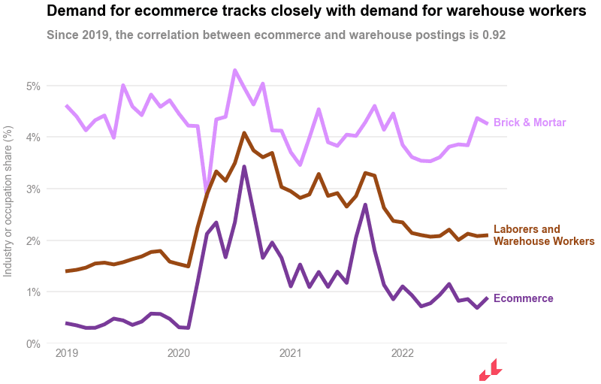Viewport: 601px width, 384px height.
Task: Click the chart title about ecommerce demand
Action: pyautogui.click(x=316, y=11)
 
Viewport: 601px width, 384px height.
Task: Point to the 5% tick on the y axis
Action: pyautogui.click(x=32, y=86)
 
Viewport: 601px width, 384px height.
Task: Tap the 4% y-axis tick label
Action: pyautogui.click(x=32, y=138)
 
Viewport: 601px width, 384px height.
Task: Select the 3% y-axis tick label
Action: pyautogui.click(x=32, y=189)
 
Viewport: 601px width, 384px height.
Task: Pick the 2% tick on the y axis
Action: pyautogui.click(x=32, y=240)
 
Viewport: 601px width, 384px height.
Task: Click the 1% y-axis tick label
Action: pyautogui.click(x=32, y=292)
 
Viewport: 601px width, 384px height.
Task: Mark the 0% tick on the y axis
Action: pyautogui.click(x=32, y=343)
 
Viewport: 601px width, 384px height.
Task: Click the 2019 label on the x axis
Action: pyautogui.click(x=67, y=353)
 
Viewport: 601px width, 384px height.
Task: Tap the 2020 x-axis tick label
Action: pyautogui.click(x=179, y=353)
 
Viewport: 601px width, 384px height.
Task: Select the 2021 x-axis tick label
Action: pyautogui.click(x=291, y=353)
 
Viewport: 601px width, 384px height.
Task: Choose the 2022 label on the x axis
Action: pyautogui.click(x=403, y=353)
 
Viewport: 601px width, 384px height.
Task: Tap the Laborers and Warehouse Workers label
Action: pyautogui.click(x=543, y=235)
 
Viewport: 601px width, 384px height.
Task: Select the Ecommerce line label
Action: pyautogui.click(x=523, y=298)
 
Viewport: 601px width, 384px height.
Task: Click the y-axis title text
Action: pyautogui.click(x=8, y=201)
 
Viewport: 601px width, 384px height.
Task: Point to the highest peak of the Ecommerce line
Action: pyautogui.click(x=244, y=167)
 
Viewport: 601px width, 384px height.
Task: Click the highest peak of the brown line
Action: pyautogui.click(x=244, y=133)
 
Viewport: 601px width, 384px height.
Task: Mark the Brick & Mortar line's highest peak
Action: pyautogui.click(x=235, y=71)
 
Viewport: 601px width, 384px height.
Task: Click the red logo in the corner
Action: pyautogui.click(x=490, y=370)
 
